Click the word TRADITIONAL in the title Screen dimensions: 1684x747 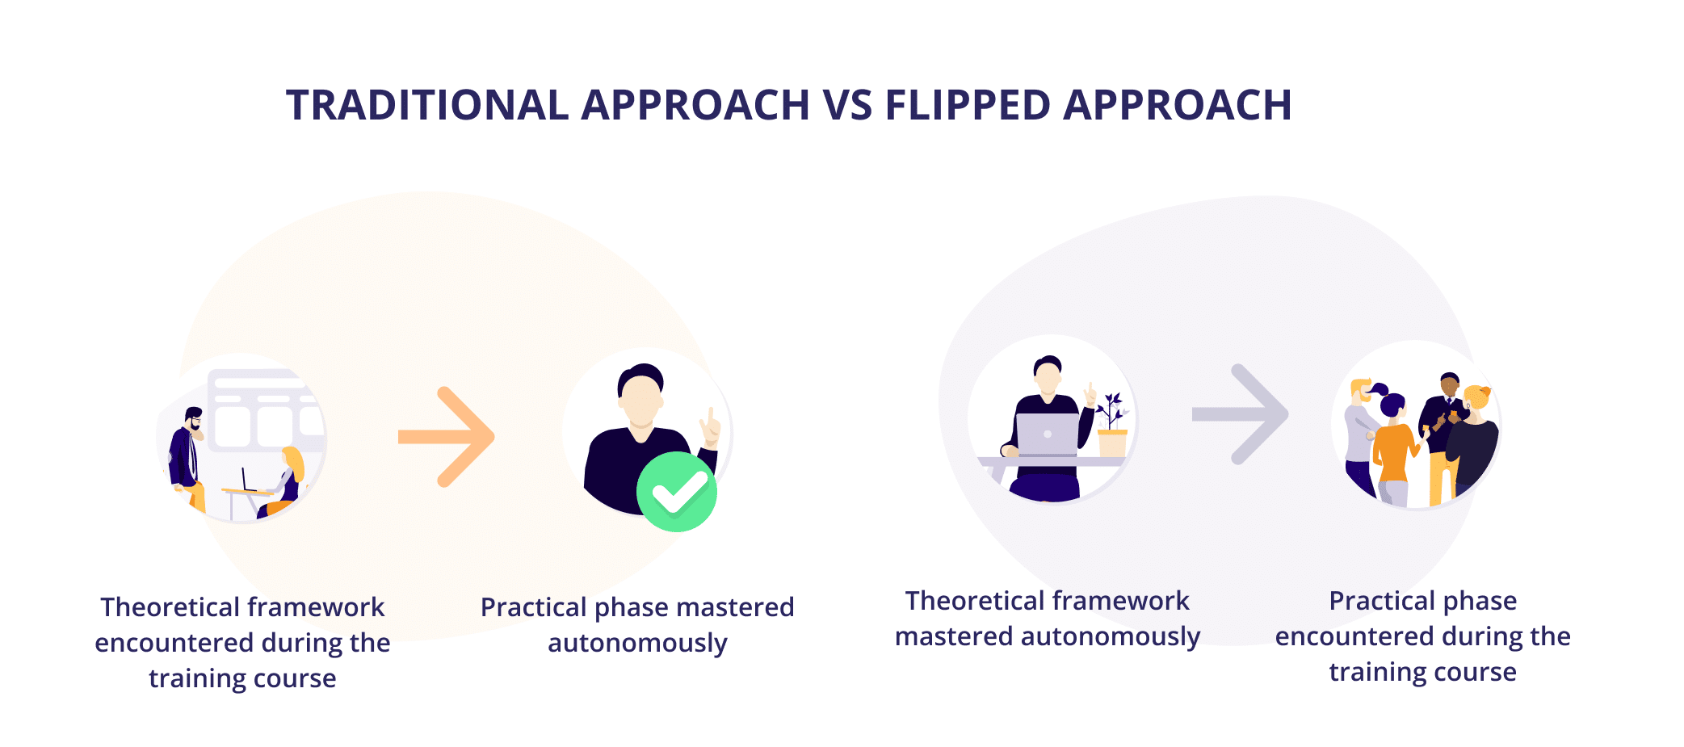427,105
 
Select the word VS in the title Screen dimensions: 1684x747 847,105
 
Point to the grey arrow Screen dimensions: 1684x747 1241,414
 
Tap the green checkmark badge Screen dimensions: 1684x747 677,492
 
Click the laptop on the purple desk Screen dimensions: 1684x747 1047,435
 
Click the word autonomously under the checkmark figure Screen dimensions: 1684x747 637,644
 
